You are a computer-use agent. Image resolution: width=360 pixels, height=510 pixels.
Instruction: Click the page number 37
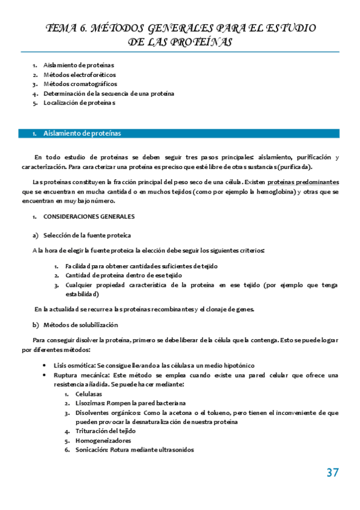pyautogui.click(x=332, y=473)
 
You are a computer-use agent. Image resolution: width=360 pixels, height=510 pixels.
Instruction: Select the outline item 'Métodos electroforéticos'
pyautogui.click(x=79, y=75)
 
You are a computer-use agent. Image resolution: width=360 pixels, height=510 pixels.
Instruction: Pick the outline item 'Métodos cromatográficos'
pyautogui.click(x=80, y=84)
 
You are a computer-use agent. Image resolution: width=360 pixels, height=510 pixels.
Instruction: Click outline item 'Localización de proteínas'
pyautogui.click(x=79, y=103)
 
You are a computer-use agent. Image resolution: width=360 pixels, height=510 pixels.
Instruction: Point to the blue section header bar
pyautogui.click(x=180, y=133)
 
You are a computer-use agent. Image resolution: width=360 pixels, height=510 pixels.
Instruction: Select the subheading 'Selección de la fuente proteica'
pyautogui.click(x=87, y=235)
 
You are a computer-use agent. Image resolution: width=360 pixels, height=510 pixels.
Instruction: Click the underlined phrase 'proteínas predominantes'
pyautogui.click(x=303, y=182)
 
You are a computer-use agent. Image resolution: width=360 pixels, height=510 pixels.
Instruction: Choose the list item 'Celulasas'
pyautogui.click(x=89, y=394)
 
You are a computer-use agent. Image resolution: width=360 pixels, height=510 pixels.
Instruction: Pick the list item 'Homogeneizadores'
pyautogui.click(x=103, y=440)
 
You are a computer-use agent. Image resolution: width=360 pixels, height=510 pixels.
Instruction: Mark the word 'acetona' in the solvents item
pyautogui.click(x=187, y=413)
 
